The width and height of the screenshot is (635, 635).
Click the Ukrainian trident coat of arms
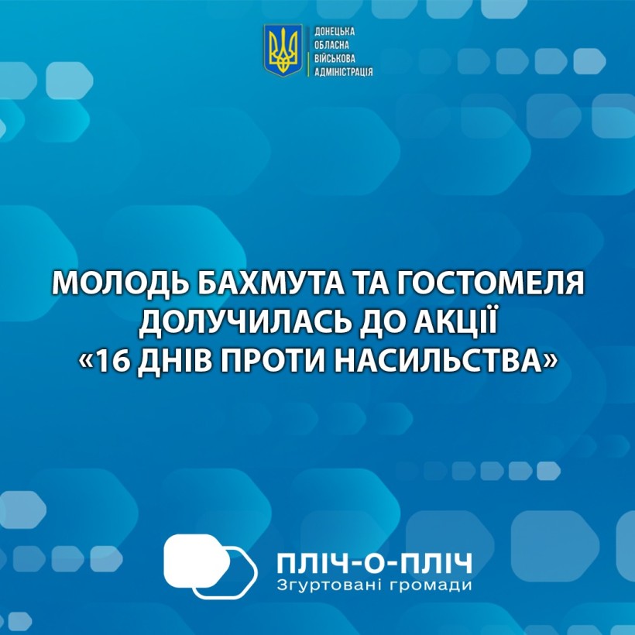pyautogui.click(x=283, y=50)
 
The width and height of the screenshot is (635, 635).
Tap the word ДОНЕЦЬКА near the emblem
pyautogui.click(x=335, y=32)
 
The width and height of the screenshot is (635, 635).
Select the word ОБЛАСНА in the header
pyautogui.click(x=331, y=45)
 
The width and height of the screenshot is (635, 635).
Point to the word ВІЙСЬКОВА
pyautogui.click(x=335, y=58)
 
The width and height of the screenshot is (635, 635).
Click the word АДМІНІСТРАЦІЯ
pyautogui.click(x=343, y=72)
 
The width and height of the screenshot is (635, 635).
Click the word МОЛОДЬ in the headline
pyautogui.click(x=121, y=283)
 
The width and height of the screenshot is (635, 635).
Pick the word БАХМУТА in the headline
pyautogui.click(x=270, y=283)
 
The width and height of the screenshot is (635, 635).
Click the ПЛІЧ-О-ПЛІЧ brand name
pyautogui.click(x=374, y=563)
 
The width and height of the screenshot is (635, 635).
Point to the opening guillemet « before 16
pyautogui.click(x=85, y=362)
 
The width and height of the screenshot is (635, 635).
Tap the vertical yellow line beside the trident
pyautogui.click(x=308, y=50)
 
